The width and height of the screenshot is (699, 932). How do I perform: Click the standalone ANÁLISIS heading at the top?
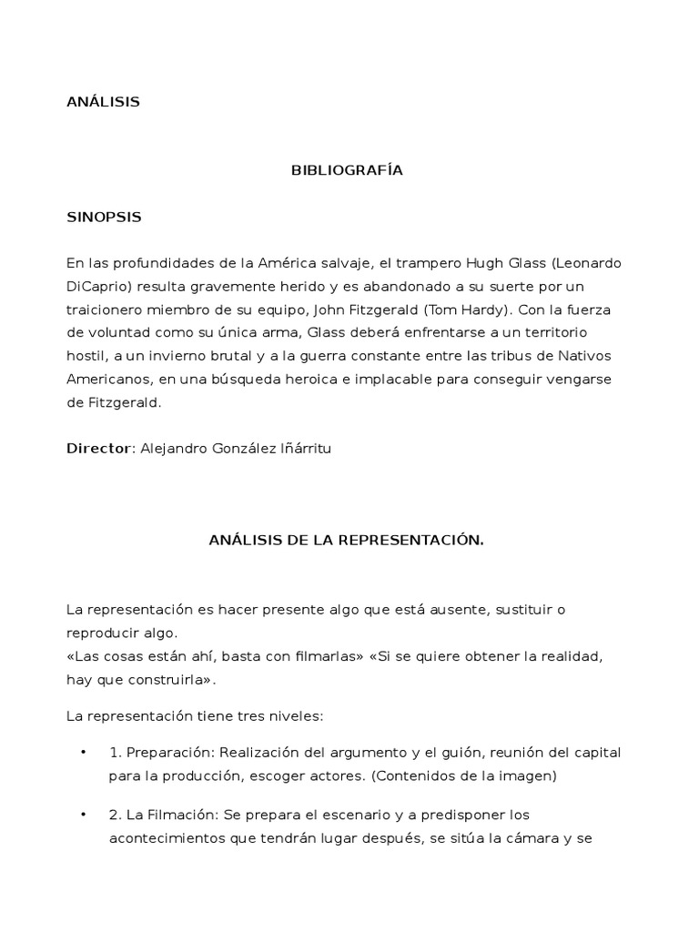(x=103, y=102)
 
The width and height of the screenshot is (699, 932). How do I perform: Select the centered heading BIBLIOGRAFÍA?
(x=346, y=170)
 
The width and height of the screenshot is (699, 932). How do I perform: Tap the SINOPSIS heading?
(x=104, y=218)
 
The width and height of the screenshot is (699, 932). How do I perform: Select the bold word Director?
(x=99, y=448)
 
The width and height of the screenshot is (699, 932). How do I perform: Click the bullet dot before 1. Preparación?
(x=83, y=752)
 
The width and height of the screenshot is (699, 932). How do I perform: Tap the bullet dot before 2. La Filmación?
(x=83, y=815)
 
